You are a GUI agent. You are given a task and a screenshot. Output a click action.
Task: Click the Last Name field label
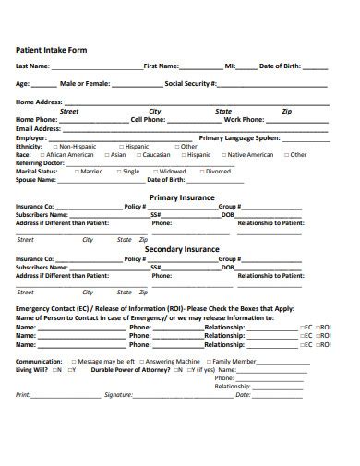(33, 66)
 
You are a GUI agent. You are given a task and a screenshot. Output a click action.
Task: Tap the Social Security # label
(190, 83)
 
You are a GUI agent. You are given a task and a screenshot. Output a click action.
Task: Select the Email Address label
(38, 128)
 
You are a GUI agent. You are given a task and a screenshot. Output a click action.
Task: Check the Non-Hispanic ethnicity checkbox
(54, 146)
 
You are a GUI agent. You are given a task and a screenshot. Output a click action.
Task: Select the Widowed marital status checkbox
(153, 171)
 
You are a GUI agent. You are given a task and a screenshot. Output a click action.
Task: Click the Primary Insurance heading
(182, 197)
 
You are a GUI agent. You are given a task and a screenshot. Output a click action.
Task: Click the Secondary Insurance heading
(182, 249)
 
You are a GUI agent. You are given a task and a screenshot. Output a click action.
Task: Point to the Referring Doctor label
(41, 162)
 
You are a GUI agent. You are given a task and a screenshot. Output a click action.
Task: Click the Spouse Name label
(37, 179)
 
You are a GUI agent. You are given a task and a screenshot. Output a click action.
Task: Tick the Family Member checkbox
(208, 361)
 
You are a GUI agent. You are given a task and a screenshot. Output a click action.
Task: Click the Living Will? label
(32, 369)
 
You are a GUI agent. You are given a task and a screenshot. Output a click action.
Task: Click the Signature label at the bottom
(118, 394)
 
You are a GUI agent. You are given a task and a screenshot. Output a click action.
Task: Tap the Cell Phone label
(149, 119)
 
